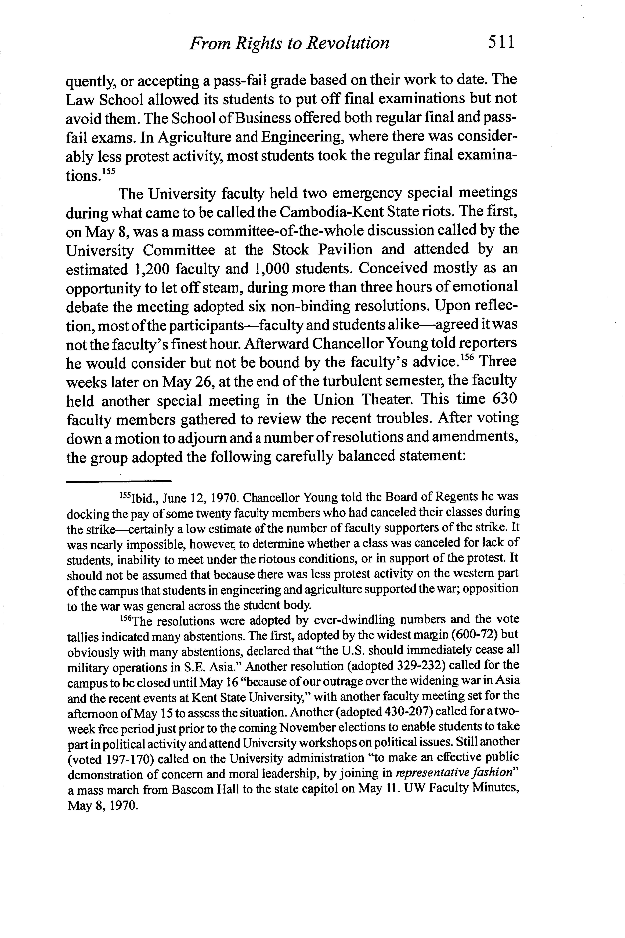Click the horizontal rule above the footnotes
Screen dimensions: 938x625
118,481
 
